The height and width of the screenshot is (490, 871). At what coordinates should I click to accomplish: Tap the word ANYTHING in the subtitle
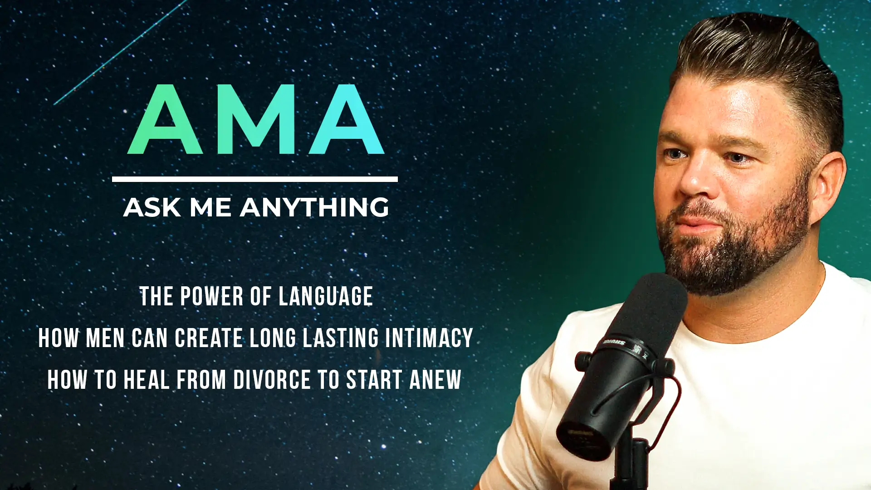[x=314, y=207]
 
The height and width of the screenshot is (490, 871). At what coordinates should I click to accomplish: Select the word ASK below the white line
[x=152, y=208]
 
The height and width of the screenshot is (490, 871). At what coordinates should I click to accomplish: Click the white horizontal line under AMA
[x=254, y=179]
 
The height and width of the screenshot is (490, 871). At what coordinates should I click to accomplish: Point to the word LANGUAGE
[x=325, y=297]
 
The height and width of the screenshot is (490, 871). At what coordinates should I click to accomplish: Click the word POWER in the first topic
[x=212, y=297]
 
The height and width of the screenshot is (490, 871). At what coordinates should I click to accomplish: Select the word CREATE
[x=209, y=338]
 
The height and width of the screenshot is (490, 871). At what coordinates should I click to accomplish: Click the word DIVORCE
[x=272, y=380]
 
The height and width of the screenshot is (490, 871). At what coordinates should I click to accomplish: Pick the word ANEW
[x=435, y=380]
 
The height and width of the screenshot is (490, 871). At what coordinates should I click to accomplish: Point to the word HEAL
[x=147, y=380]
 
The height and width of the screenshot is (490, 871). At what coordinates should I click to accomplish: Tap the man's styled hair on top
[x=753, y=50]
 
